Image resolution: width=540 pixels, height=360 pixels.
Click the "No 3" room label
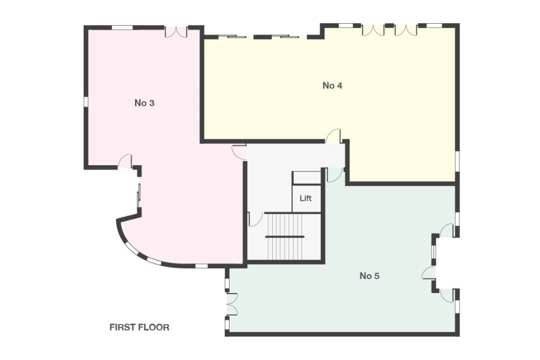point(144,103)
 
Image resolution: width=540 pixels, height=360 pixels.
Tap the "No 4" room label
point(332,85)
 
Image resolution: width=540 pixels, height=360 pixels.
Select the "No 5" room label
point(369,276)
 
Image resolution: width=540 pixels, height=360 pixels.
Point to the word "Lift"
point(306,198)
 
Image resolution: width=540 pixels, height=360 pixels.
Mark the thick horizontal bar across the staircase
point(285,236)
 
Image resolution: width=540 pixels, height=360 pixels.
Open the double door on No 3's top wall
point(175,31)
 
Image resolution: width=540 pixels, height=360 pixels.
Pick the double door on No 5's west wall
point(231,304)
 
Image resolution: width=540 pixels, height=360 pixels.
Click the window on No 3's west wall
point(85,101)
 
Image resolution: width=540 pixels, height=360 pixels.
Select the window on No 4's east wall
point(457,161)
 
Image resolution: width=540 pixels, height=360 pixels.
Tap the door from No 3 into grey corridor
point(239,152)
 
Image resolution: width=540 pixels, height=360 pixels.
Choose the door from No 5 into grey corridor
point(335,174)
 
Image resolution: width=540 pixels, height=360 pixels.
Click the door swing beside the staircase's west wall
point(254,219)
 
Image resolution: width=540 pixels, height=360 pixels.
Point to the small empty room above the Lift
point(306,178)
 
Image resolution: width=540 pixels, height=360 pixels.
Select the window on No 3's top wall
point(122,27)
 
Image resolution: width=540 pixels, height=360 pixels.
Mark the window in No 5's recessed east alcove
point(434,252)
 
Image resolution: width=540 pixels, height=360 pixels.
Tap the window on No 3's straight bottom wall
point(201,266)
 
